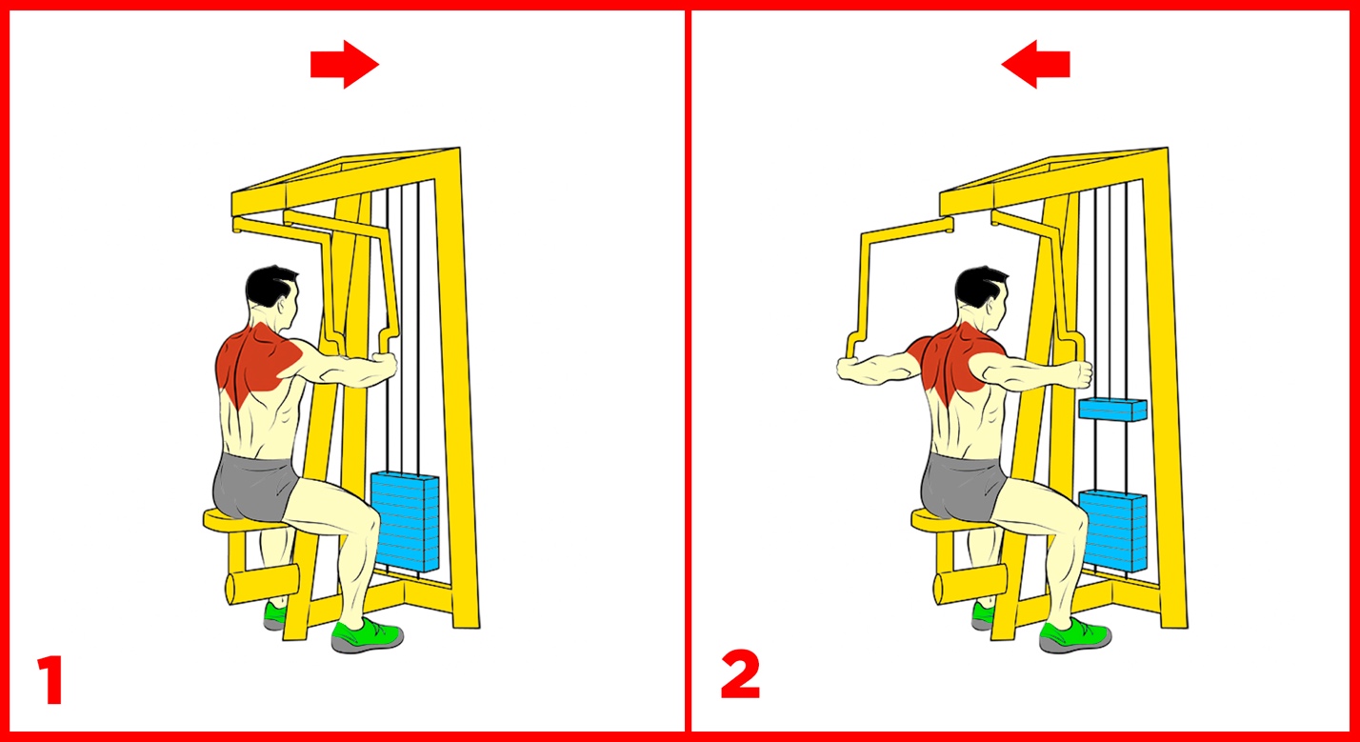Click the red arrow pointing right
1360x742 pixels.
[x=344, y=65]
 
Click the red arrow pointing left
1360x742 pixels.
[x=1035, y=65]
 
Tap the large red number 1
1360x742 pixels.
[x=50, y=679]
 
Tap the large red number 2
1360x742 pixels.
[x=740, y=674]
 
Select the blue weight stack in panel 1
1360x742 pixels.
[x=405, y=522]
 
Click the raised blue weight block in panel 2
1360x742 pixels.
[x=1113, y=410]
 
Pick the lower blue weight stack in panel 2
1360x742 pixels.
[x=1113, y=531]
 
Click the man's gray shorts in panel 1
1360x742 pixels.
[x=255, y=487]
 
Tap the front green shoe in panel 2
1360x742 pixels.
[x=1075, y=635]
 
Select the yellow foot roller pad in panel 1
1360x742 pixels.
[x=262, y=584]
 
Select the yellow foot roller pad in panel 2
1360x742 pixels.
[x=970, y=584]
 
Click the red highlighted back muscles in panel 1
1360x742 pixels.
[x=258, y=362]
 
